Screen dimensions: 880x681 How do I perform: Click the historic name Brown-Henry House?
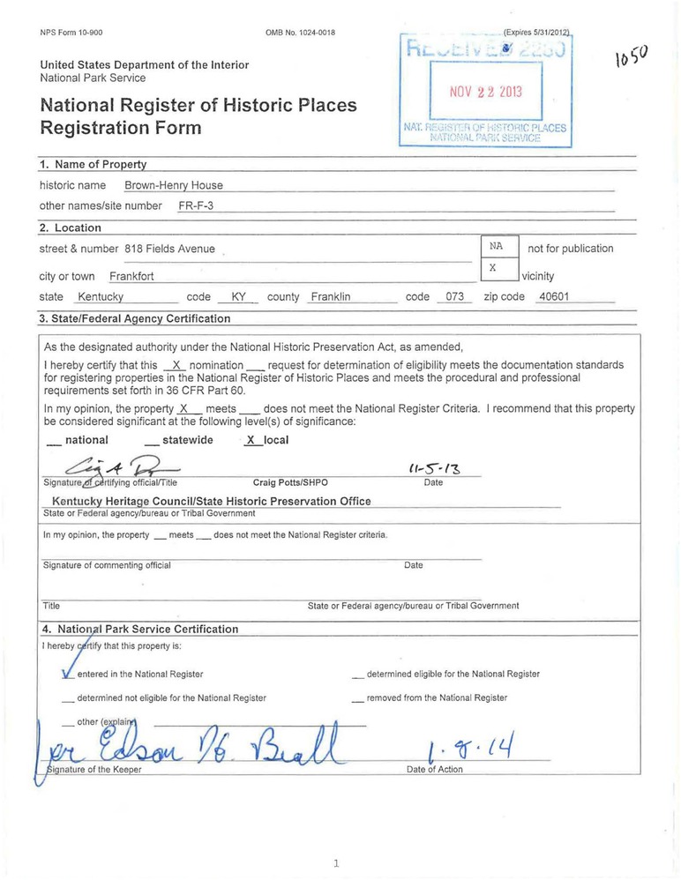click(173, 185)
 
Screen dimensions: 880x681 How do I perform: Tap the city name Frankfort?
click(131, 276)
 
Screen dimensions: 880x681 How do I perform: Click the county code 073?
click(454, 297)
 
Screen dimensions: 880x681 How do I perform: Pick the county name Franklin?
click(331, 297)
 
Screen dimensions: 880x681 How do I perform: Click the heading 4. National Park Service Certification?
click(139, 629)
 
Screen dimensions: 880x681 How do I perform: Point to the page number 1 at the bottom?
click(336, 864)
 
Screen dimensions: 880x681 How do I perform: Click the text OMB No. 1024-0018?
click(300, 33)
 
